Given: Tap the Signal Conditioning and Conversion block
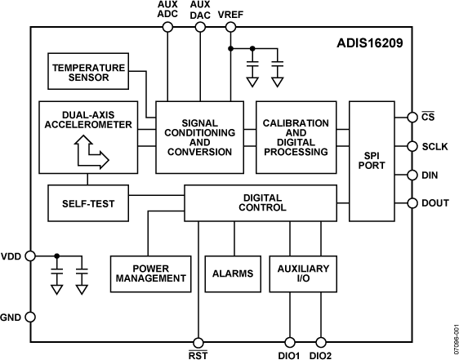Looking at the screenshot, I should click(199, 136).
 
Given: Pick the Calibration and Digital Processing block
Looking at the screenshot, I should click(296, 136).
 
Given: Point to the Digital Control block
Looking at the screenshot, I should click(260, 202).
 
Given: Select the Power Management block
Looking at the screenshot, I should click(148, 273).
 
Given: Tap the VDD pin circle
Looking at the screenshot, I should click(30, 256).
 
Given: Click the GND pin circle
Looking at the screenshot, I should click(30, 317).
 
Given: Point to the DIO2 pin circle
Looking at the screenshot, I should click(320, 342).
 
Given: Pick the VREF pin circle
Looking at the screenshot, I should click(230, 27).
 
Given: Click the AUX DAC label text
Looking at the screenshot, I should click(199, 10).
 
